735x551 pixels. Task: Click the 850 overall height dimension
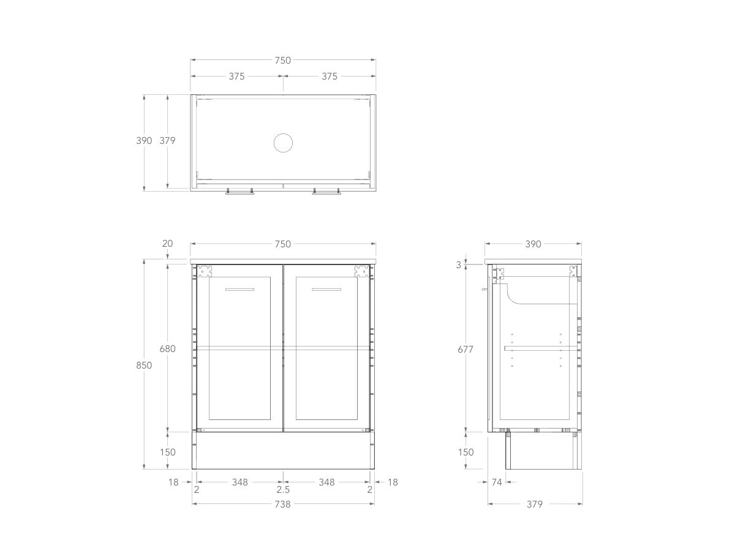[x=144, y=365]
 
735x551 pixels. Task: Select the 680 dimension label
[x=167, y=348]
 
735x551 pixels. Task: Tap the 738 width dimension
[x=282, y=504]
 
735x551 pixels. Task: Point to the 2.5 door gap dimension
[x=282, y=490]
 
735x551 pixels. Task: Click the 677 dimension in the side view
[x=466, y=348]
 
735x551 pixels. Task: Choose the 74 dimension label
[x=497, y=482]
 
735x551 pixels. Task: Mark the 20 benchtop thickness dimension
[x=167, y=244]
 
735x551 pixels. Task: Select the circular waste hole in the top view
[x=283, y=143]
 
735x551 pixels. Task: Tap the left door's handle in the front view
[x=239, y=289]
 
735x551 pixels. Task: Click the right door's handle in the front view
[x=326, y=289]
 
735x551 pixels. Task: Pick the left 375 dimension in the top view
[x=236, y=77]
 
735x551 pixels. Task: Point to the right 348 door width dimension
[x=326, y=482]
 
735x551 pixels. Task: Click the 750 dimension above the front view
[x=282, y=244]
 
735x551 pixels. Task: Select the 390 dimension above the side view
[x=533, y=244]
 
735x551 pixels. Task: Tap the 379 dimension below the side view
[x=535, y=504]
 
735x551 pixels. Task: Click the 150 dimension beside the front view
[x=167, y=452]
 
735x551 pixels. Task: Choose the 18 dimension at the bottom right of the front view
[x=393, y=482]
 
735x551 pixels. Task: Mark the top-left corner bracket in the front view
[x=205, y=271]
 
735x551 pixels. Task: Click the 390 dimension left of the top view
[x=144, y=140]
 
